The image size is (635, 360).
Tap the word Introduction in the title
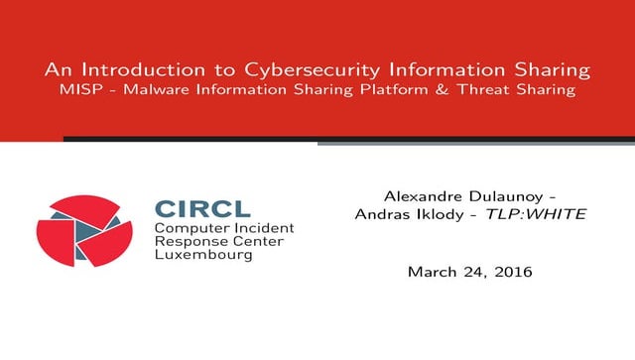(x=146, y=70)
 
